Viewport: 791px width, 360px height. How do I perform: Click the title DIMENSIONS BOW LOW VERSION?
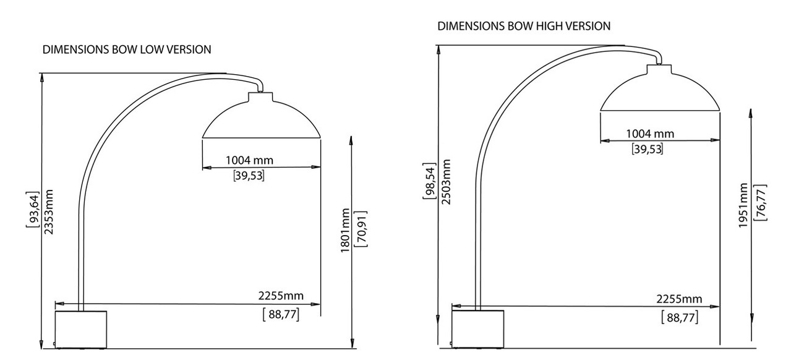(x=127, y=49)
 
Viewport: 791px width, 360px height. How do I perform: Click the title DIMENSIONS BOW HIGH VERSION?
(x=524, y=26)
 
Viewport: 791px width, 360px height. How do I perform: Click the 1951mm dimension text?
(x=743, y=205)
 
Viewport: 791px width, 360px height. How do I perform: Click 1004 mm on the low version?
(x=249, y=161)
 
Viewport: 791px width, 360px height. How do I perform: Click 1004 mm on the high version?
(x=649, y=134)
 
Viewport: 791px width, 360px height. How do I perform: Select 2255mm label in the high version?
(x=680, y=299)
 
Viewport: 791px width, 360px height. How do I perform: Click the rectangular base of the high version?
(x=477, y=328)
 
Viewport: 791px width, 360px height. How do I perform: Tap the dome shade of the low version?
(x=262, y=119)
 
